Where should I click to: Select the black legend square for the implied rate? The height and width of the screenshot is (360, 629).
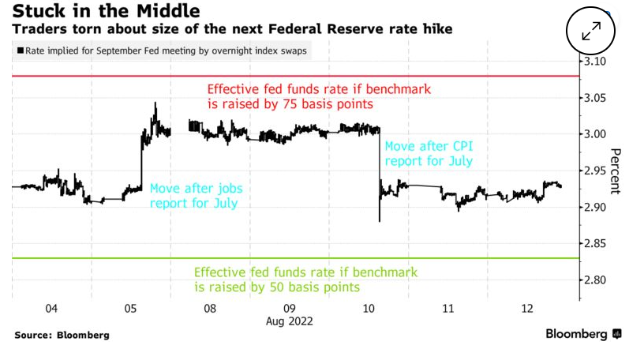coord(19,51)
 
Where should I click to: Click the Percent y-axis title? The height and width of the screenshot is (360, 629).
coord(616,171)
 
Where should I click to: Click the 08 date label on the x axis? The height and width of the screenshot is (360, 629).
coord(210,309)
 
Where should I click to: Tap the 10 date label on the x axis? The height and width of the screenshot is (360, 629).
coord(369,309)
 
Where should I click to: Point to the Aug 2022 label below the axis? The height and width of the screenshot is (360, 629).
coord(289,323)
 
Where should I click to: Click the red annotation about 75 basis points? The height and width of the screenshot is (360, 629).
coord(318,96)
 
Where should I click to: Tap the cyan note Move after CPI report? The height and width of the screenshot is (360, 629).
coord(428,153)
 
